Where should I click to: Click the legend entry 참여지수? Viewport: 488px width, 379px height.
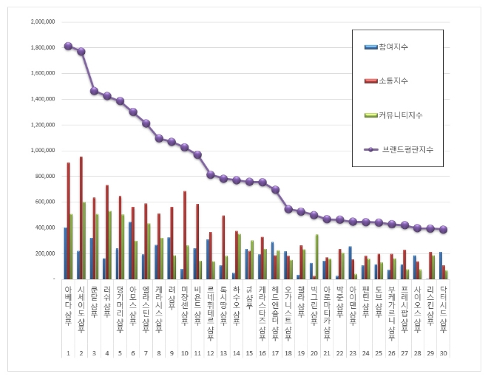tap(393, 47)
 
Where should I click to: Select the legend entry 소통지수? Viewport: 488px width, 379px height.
tap(393, 81)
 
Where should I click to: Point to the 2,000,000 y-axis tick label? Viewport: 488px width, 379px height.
tap(42, 22)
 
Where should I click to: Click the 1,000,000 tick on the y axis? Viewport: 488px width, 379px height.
tap(42, 151)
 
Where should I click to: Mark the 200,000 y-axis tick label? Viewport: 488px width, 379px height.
tap(44, 253)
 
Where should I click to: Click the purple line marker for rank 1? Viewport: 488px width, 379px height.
tap(68, 46)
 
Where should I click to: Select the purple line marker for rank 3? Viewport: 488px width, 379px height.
tap(95, 91)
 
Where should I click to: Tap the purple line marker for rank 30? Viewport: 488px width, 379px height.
tap(443, 230)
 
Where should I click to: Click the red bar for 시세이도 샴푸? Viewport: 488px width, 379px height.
tap(81, 218)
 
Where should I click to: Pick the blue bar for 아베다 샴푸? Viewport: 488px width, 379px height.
tap(65, 253)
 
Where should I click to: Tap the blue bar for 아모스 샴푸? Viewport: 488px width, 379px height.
tap(129, 250)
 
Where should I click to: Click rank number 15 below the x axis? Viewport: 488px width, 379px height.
tap(249, 353)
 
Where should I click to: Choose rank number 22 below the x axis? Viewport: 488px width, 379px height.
tap(339, 353)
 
